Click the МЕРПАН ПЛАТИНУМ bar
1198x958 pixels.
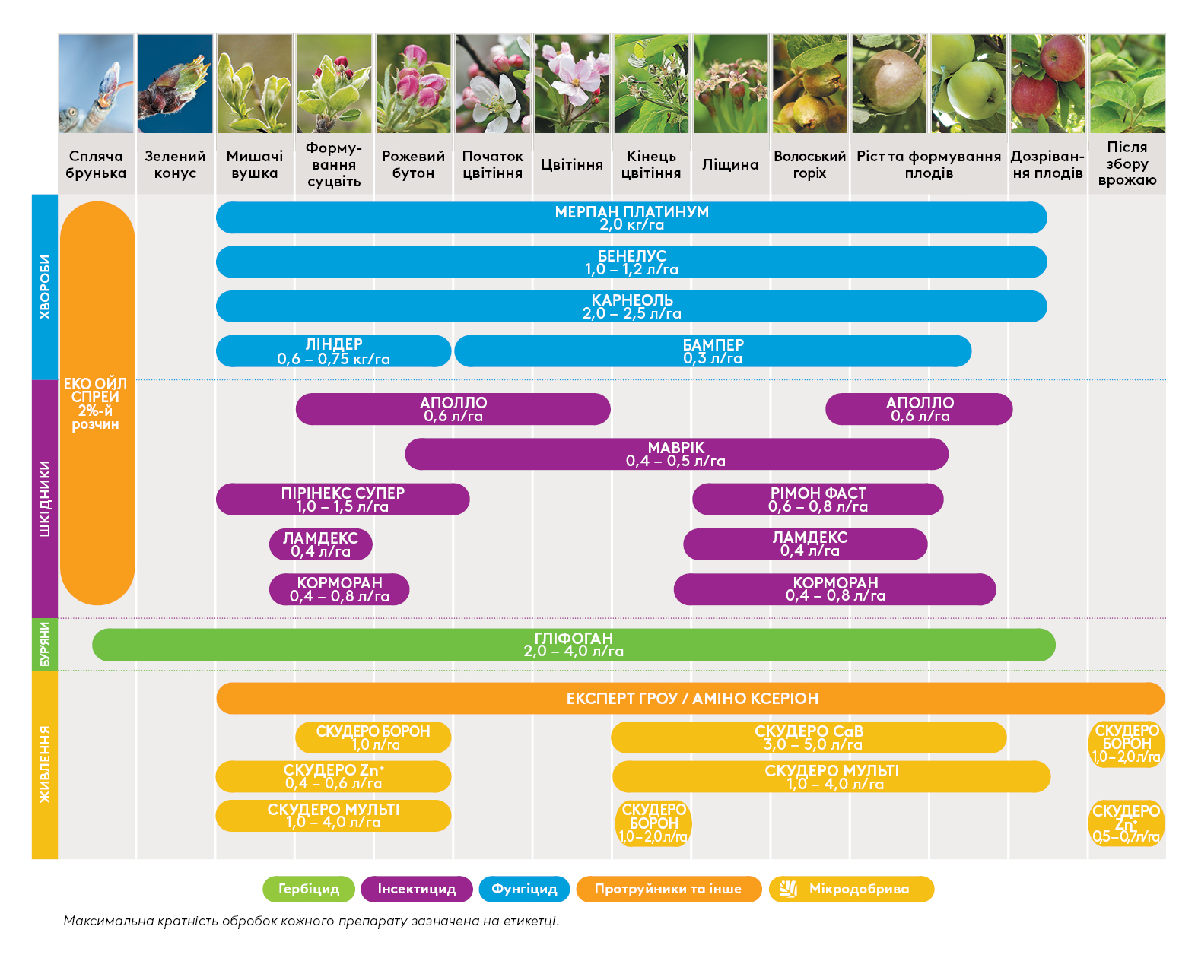(x=631, y=217)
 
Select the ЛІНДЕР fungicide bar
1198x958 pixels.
(x=333, y=351)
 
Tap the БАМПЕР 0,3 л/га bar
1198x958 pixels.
(x=712, y=351)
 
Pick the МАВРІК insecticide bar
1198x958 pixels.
(x=676, y=454)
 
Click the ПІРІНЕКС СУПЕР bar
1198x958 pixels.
(x=342, y=500)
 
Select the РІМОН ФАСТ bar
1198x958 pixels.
(x=818, y=500)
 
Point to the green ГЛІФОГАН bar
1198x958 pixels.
(x=574, y=645)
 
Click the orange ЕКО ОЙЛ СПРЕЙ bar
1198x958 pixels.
(x=97, y=403)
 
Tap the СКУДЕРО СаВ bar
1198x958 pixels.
(x=809, y=738)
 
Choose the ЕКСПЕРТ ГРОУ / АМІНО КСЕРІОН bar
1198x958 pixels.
(x=691, y=698)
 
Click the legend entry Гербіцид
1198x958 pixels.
(x=308, y=889)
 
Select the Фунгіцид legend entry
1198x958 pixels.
(x=524, y=889)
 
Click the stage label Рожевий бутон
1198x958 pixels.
(x=413, y=164)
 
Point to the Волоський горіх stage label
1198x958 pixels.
(x=809, y=164)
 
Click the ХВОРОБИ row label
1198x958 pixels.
(x=45, y=287)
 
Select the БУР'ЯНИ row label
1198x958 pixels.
(x=45, y=644)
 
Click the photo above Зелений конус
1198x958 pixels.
(x=175, y=84)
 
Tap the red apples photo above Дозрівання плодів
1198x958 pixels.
(x=1048, y=84)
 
